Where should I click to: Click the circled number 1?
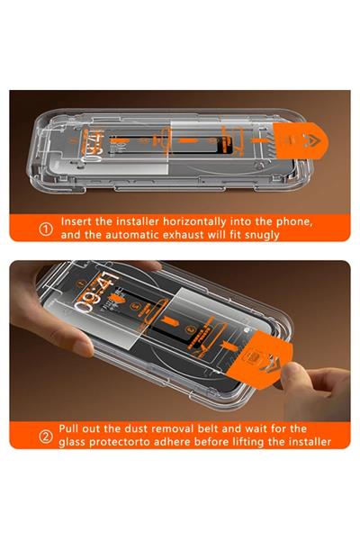tap(45, 228)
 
